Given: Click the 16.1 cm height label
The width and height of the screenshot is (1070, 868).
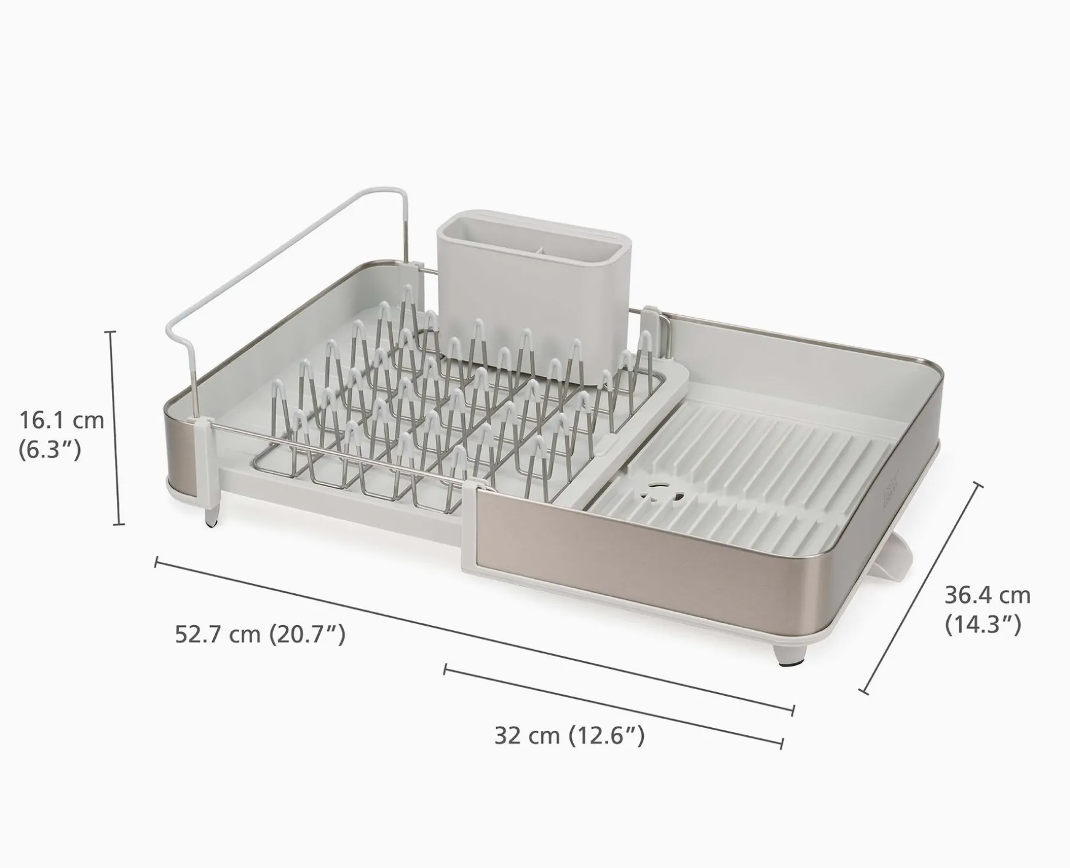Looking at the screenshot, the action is tap(61, 420).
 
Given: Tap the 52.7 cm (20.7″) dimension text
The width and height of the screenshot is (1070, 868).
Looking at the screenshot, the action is tap(260, 634).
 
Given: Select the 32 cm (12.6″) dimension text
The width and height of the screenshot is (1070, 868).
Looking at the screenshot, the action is tap(569, 735).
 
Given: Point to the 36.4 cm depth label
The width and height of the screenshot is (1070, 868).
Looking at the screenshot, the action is tap(987, 595).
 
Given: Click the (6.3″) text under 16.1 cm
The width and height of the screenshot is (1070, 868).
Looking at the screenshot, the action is tap(50, 450).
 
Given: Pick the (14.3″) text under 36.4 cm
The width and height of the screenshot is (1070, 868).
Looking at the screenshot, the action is tap(982, 625).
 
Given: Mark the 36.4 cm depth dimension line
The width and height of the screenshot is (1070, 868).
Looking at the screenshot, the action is tap(922, 589).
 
